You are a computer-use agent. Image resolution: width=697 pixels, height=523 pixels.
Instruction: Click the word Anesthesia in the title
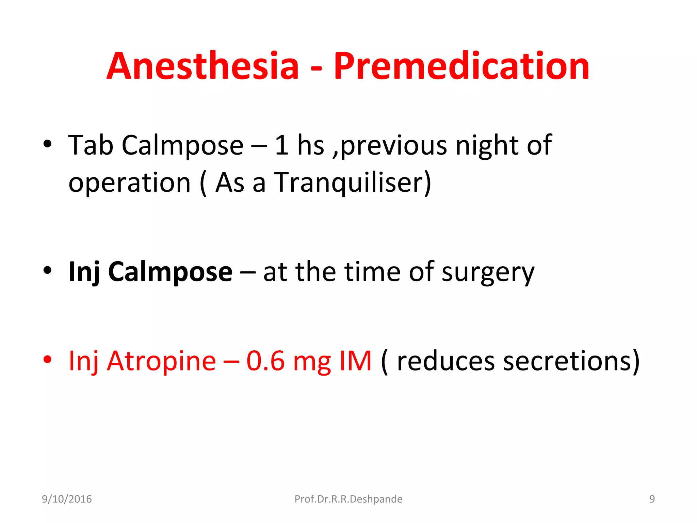(x=203, y=66)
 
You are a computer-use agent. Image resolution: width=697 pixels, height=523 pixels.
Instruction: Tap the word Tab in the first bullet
(x=91, y=145)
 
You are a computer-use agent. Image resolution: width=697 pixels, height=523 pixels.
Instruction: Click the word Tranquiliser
(x=352, y=183)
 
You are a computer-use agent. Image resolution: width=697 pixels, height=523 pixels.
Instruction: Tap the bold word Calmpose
(x=170, y=272)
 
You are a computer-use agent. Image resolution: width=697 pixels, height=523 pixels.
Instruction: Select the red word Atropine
(x=161, y=361)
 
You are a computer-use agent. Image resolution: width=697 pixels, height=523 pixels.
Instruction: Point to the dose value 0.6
(x=265, y=361)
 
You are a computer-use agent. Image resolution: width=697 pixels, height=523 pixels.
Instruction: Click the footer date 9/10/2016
(x=67, y=499)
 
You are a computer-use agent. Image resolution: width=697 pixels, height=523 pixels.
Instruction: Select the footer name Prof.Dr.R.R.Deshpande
(x=348, y=499)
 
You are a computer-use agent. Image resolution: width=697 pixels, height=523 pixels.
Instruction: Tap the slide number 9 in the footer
(x=652, y=499)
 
